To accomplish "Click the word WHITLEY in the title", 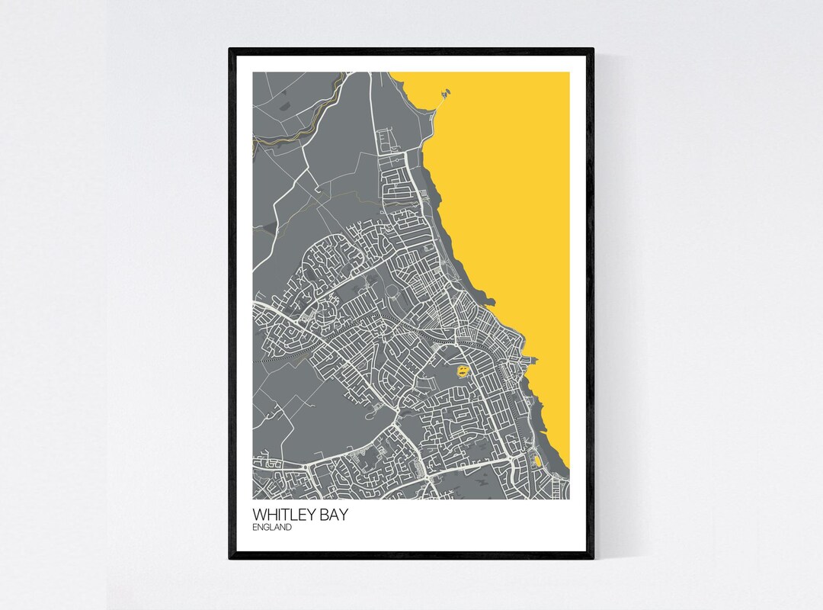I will pos(287,515).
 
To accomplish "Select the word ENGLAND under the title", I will pos(272,527).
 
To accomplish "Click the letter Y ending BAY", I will pos(345,515).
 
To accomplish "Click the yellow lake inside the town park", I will pos(462,372).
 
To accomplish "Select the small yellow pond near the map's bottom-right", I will pos(538,460).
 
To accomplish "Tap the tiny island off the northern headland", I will pos(446,92).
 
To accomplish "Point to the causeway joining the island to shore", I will pos(439,102).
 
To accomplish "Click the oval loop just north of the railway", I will pos(392,291).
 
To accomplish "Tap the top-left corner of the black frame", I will pos(231,50).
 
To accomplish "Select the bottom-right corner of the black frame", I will pos(592,557).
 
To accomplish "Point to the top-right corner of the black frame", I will pos(592,50).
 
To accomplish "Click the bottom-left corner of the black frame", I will pos(231,557).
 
